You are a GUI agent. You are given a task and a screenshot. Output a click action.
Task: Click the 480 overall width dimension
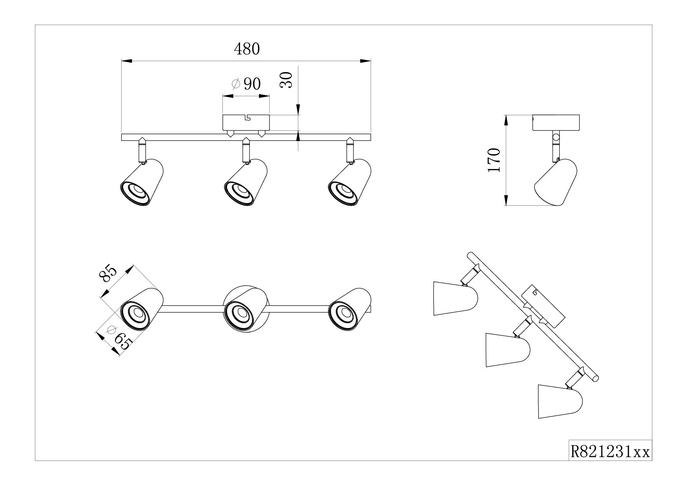(x=247, y=49)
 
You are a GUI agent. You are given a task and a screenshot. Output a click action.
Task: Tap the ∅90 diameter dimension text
(x=246, y=83)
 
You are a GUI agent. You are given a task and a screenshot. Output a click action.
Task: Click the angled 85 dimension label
(x=109, y=274)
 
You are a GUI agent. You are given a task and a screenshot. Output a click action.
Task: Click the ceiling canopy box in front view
(x=246, y=123)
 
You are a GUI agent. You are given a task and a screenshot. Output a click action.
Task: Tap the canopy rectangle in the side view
(x=556, y=123)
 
